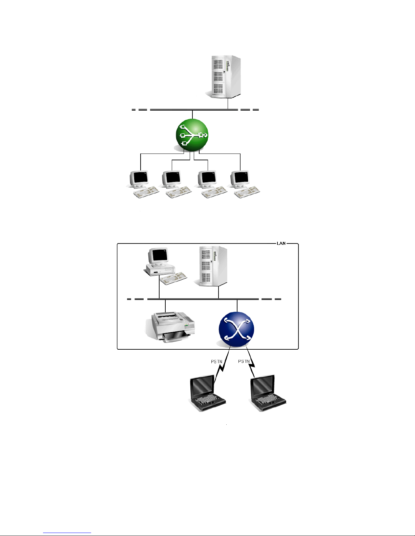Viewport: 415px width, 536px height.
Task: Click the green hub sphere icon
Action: click(x=192, y=135)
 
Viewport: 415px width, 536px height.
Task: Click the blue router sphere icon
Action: click(x=236, y=330)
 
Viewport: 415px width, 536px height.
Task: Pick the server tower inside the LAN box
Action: click(x=211, y=266)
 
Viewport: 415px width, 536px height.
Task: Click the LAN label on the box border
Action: click(x=281, y=243)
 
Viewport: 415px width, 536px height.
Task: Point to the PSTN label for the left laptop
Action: click(x=217, y=362)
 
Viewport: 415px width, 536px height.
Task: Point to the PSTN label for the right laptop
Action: click(x=244, y=362)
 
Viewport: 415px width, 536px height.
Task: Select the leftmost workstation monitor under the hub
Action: click(x=139, y=179)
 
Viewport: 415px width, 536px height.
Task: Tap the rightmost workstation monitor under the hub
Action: click(x=240, y=179)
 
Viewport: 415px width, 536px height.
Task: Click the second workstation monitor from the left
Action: click(x=172, y=179)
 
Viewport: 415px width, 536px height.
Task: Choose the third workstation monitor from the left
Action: click(x=207, y=179)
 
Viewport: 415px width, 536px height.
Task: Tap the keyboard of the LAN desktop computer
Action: click(x=173, y=278)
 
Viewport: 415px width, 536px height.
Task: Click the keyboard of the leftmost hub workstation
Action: click(x=146, y=192)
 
